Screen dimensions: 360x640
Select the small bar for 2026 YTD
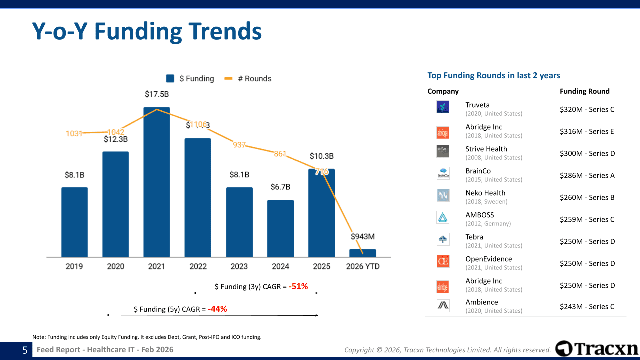tap(362, 253)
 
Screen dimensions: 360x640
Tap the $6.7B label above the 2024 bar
tap(280, 187)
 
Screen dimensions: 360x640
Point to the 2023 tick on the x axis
tap(239, 266)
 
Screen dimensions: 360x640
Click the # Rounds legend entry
tap(248, 79)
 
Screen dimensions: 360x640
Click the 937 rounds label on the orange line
tap(239, 145)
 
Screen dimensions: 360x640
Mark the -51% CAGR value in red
tap(298, 287)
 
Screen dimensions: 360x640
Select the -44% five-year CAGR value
tap(217, 309)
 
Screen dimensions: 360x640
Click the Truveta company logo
tap(443, 107)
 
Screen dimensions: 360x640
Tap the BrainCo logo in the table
tap(443, 173)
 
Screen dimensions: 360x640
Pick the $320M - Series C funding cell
tap(587, 109)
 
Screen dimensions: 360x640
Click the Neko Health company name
tap(485, 193)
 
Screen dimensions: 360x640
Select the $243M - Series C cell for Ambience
tap(587, 307)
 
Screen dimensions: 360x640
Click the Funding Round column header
tap(584, 91)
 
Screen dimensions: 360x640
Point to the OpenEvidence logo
tap(443, 261)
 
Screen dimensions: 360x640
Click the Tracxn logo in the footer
tap(596, 349)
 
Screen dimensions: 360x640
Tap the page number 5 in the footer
tap(25, 350)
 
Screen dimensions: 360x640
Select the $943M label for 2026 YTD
tap(362, 236)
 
